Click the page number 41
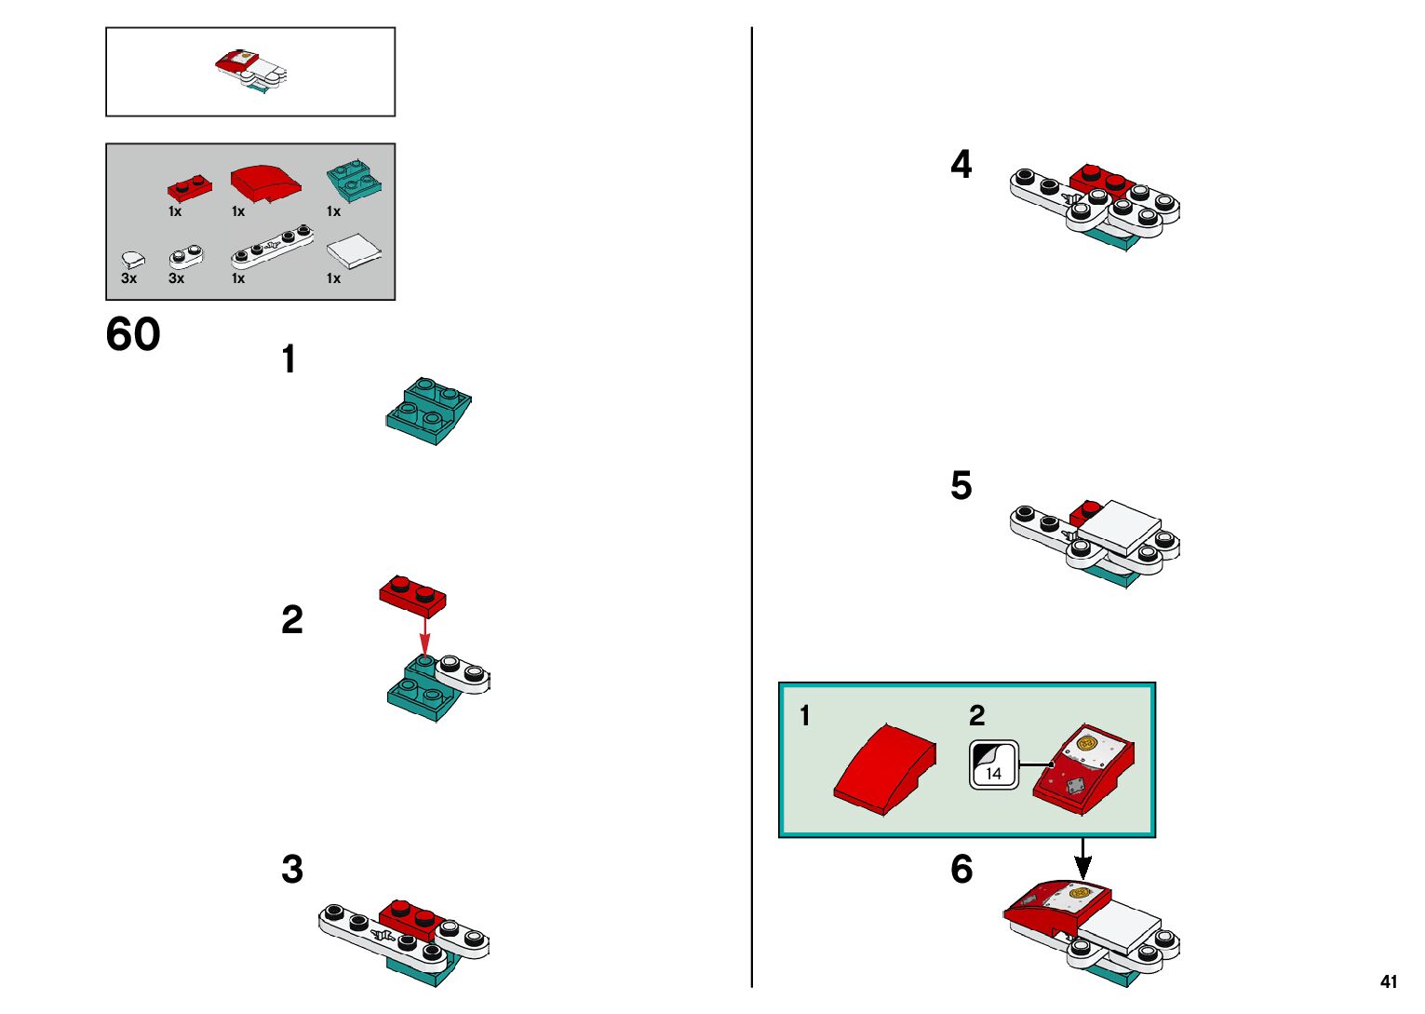click(1389, 981)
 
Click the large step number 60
click(133, 334)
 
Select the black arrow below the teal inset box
click(1082, 858)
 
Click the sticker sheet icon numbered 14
click(994, 765)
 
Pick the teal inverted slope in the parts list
click(354, 181)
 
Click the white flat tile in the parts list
click(354, 250)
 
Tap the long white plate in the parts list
click(272, 247)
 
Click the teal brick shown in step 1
click(428, 411)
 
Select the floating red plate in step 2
click(412, 595)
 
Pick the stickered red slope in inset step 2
click(1083, 768)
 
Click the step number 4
click(961, 165)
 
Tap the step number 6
click(961, 870)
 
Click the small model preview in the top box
click(251, 72)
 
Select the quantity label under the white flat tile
click(333, 278)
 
